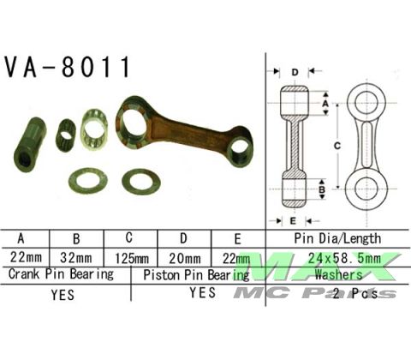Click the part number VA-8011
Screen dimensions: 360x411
pos(68,68)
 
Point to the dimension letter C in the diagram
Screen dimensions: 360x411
pos(337,147)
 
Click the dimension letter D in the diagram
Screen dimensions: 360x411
pos(294,72)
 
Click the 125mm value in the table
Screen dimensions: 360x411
pos(128,257)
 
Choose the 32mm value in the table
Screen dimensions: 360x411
pos(77,257)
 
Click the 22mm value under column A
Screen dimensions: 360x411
pos(25,257)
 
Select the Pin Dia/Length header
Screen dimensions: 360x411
pos(337,239)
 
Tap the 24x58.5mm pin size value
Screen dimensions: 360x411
pos(337,257)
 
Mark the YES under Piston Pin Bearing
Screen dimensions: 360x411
pos(201,293)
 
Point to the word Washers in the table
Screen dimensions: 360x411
pos(337,274)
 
